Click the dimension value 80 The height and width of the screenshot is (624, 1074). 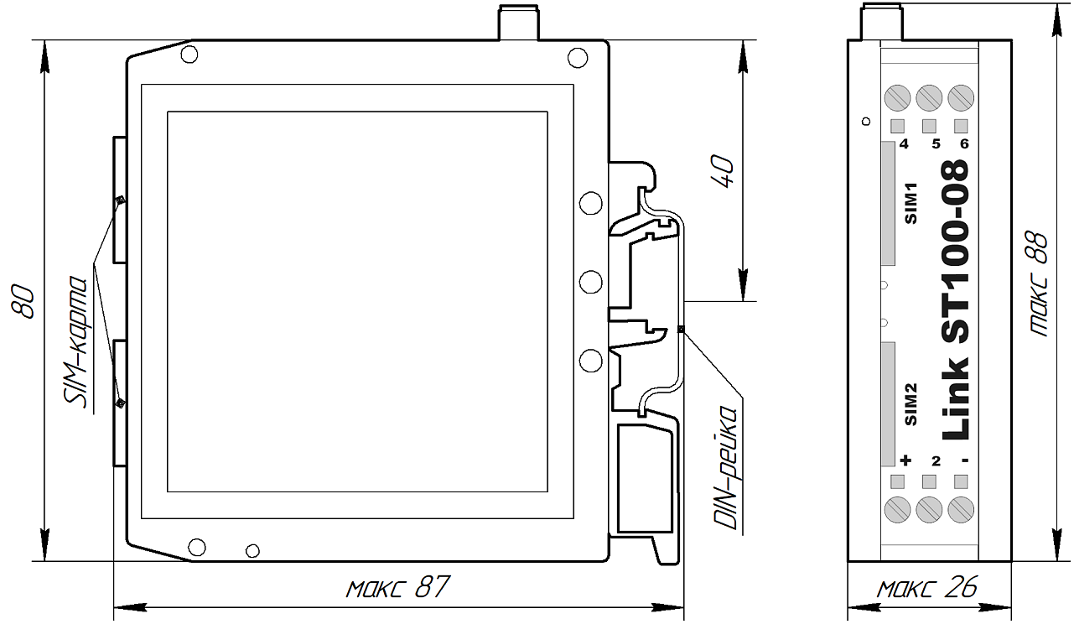pyautogui.click(x=23, y=301)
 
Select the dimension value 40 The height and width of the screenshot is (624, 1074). pyautogui.click(x=722, y=171)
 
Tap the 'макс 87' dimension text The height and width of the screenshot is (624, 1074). pyautogui.click(x=398, y=586)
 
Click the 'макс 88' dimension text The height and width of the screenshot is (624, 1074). pyautogui.click(x=1038, y=284)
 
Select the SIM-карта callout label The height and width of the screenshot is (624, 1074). pyautogui.click(x=75, y=342)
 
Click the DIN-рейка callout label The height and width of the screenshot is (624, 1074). pyautogui.click(x=725, y=468)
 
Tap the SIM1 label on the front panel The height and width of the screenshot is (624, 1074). pyautogui.click(x=911, y=203)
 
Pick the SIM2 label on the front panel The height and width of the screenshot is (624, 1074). pyautogui.click(x=911, y=404)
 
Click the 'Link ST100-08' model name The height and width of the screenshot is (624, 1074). pyautogui.click(x=956, y=299)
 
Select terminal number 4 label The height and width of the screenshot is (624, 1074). pyautogui.click(x=904, y=143)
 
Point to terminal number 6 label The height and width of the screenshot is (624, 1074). pyautogui.click(x=964, y=143)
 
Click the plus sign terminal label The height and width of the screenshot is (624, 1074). pyautogui.click(x=905, y=460)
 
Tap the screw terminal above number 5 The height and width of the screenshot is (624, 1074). pyautogui.click(x=929, y=98)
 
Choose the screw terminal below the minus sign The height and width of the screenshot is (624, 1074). pyautogui.click(x=961, y=509)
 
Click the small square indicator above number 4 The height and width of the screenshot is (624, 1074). pyautogui.click(x=898, y=126)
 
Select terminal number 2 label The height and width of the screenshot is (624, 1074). pyautogui.click(x=936, y=461)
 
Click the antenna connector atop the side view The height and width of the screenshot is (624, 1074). pyautogui.click(x=882, y=22)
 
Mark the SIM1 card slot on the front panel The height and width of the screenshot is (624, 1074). pyautogui.click(x=888, y=203)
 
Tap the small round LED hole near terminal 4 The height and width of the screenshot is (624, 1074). pyautogui.click(x=866, y=122)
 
